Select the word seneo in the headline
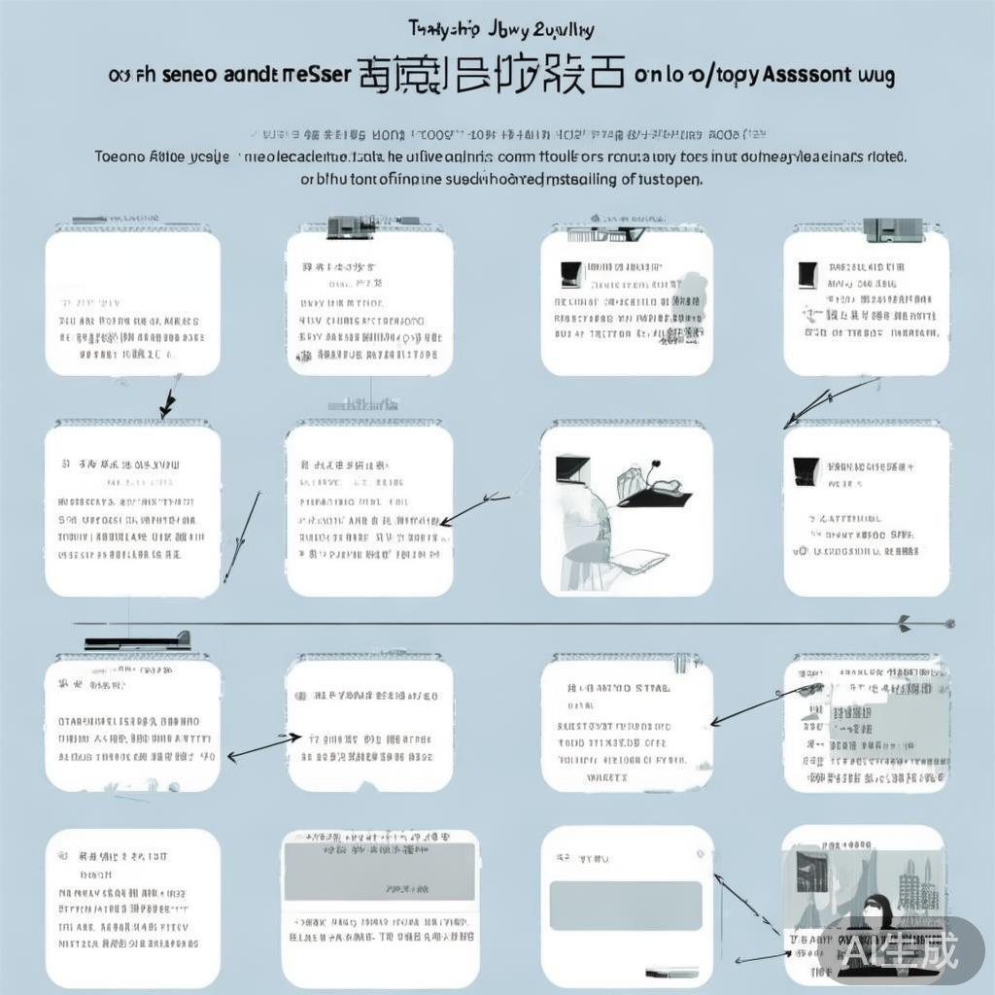[x=186, y=75]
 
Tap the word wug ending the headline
[x=875, y=76]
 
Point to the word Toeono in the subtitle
[x=119, y=155]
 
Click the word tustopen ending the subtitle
[x=671, y=179]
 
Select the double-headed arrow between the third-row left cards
[x=262, y=745]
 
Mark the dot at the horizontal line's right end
[x=950, y=623]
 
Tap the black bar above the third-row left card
[x=136, y=641]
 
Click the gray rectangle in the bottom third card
[x=626, y=906]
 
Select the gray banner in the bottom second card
[x=379, y=871]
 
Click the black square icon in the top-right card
[x=806, y=275]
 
